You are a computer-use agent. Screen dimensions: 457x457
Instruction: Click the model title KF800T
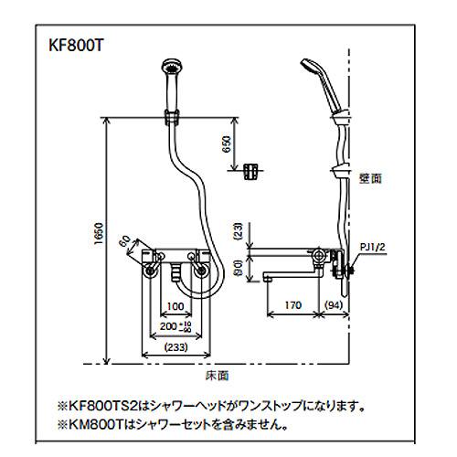coord(76,46)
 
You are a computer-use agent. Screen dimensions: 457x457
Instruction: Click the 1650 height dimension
coord(99,234)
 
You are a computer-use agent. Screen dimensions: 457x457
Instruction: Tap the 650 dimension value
coord(227,144)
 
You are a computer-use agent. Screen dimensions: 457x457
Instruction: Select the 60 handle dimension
coord(124,240)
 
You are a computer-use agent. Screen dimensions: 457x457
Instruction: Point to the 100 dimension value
coord(175,306)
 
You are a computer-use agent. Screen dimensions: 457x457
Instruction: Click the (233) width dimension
coord(176,347)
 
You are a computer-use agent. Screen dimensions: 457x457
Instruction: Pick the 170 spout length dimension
coord(292,305)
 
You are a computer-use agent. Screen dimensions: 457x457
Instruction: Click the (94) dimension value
coord(334,305)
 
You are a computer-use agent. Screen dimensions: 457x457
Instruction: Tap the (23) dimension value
coord(239,231)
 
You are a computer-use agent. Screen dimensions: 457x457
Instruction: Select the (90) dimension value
coord(239,268)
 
